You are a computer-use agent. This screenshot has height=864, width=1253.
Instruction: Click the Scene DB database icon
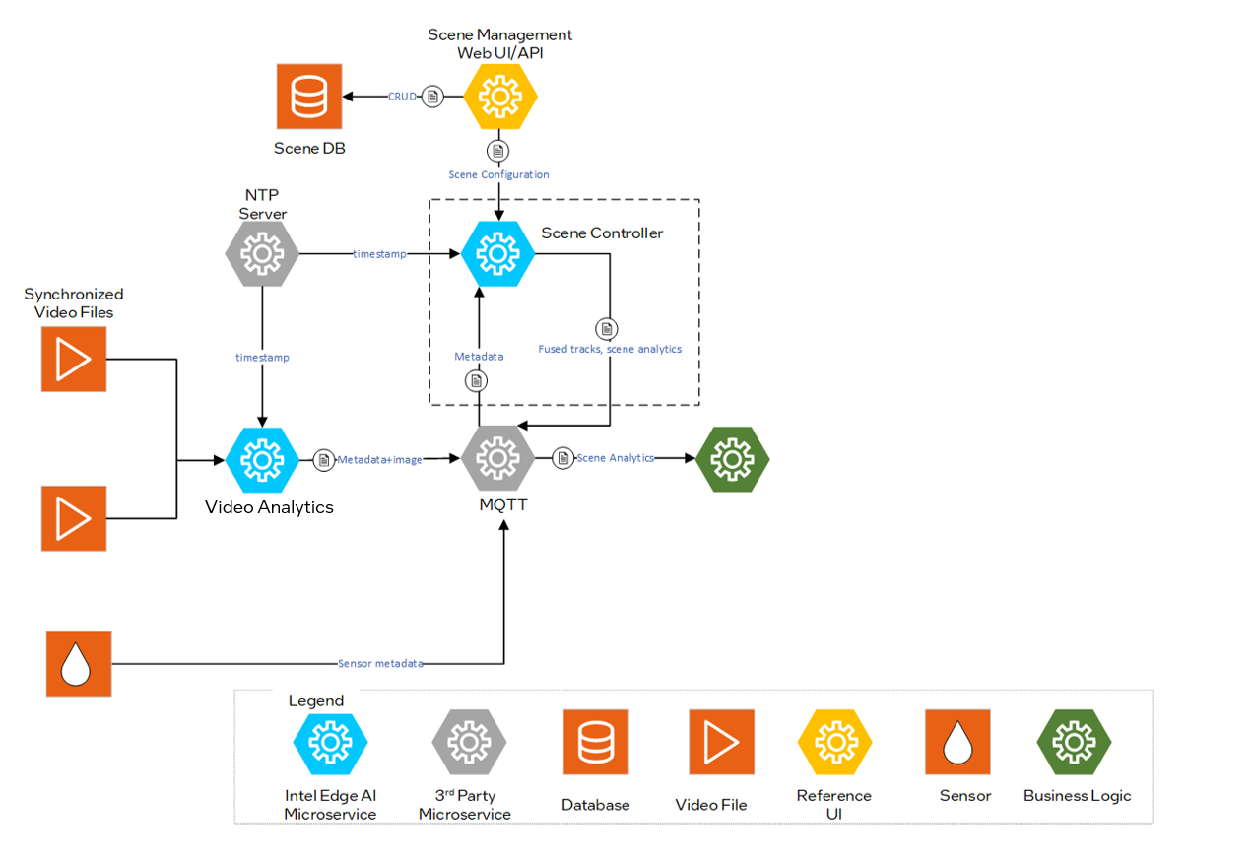point(308,97)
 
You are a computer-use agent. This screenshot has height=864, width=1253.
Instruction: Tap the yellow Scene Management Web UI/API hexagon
point(500,97)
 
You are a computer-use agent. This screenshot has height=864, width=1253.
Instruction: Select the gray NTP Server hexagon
point(262,254)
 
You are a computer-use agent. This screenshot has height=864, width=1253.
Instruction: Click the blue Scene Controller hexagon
point(498,254)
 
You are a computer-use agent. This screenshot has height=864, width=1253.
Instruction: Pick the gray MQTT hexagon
point(498,458)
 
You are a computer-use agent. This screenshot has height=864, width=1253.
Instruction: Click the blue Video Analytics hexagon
point(262,459)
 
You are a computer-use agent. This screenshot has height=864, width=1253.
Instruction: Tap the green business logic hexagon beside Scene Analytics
point(732,459)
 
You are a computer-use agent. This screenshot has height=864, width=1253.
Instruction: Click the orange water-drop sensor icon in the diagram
point(79,665)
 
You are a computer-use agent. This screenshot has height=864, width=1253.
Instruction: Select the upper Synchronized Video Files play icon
point(73,360)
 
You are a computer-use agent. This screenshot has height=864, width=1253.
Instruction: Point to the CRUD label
point(402,97)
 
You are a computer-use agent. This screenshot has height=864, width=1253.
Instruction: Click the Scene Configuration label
point(498,174)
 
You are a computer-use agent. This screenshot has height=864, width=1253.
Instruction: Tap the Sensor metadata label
point(380,663)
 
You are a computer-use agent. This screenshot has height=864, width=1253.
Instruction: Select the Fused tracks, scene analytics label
point(610,349)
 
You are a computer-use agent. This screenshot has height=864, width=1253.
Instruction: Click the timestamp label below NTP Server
point(262,358)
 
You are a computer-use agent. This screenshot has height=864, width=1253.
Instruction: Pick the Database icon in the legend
point(595,742)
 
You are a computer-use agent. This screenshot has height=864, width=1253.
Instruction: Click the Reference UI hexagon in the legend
point(834,742)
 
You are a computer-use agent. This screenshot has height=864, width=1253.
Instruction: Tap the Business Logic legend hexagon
point(1075,742)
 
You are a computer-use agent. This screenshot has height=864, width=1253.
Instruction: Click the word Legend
point(316,701)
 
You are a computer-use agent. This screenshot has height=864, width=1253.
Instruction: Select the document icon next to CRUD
point(431,97)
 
